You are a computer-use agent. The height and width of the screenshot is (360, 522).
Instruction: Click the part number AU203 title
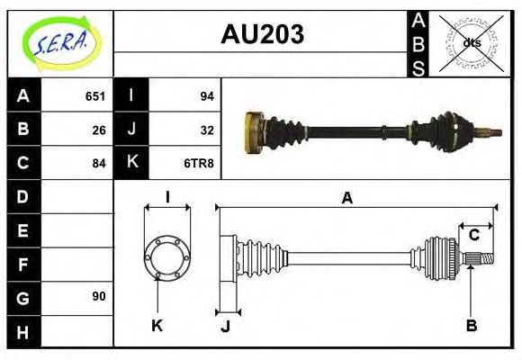[262, 35]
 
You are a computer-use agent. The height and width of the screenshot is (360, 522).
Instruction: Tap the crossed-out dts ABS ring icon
[472, 42]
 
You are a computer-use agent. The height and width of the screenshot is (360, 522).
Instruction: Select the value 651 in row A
[95, 96]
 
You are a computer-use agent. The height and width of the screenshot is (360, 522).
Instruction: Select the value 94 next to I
[206, 96]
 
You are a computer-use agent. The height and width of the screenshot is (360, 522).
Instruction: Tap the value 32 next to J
[206, 130]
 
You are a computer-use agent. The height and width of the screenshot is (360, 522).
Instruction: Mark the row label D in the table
[23, 196]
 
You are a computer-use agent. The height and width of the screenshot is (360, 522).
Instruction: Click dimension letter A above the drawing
[346, 198]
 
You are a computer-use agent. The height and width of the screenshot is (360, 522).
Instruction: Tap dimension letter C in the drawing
[473, 236]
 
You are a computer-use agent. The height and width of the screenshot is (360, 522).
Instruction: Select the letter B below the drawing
[471, 325]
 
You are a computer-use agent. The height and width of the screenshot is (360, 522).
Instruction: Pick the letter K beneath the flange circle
[157, 325]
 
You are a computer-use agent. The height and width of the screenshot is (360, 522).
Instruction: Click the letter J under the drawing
[225, 326]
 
